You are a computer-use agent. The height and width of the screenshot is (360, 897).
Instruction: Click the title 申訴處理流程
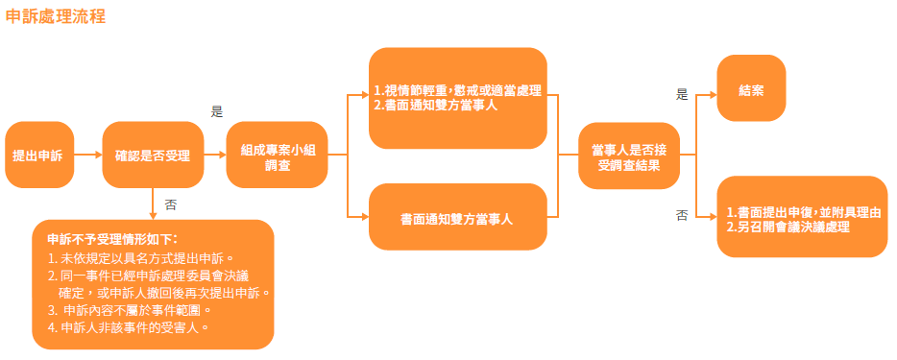[x=56, y=16]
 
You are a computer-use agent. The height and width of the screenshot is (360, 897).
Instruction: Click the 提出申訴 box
[x=39, y=155]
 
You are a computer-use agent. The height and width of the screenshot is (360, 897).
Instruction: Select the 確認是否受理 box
[x=153, y=155]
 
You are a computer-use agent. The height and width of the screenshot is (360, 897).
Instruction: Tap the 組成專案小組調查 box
[x=277, y=155]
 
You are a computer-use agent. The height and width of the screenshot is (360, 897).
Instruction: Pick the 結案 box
[x=751, y=88]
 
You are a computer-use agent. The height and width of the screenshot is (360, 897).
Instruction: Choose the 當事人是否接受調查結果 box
[x=629, y=156]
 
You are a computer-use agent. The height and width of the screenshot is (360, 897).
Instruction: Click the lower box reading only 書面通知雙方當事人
[x=458, y=217]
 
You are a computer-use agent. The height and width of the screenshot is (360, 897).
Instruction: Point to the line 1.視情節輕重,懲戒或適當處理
[x=458, y=91]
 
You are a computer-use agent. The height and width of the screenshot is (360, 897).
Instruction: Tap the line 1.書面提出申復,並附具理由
[x=803, y=212]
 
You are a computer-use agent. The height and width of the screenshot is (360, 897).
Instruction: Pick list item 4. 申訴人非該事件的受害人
[x=128, y=328]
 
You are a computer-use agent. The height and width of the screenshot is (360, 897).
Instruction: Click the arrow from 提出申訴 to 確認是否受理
[x=88, y=155]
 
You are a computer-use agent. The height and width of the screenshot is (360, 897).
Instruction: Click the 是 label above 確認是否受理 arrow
[x=217, y=111]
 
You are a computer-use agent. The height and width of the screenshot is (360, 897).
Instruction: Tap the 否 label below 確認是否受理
[x=171, y=204]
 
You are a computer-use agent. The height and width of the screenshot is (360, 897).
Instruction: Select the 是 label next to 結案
[x=682, y=95]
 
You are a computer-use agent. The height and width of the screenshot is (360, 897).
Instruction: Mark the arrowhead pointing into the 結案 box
[x=714, y=95]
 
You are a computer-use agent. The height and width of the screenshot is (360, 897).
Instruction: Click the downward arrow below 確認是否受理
[x=153, y=204]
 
